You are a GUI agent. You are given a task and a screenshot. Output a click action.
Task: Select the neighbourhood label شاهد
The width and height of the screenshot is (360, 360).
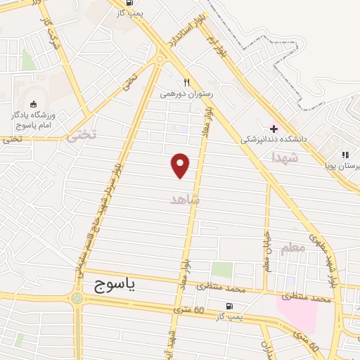[186, 200]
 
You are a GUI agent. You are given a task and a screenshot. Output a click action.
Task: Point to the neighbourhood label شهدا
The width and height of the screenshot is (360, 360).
[285, 160]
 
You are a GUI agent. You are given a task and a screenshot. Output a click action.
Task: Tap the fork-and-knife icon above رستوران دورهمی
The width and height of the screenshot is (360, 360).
[186, 81]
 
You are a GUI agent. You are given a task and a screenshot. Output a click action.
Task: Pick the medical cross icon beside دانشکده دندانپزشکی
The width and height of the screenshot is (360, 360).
[274, 129]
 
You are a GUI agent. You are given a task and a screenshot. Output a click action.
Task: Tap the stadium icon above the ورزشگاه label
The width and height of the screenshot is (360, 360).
[33, 104]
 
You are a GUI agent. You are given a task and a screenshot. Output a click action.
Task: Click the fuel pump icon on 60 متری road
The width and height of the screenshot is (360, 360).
[229, 307]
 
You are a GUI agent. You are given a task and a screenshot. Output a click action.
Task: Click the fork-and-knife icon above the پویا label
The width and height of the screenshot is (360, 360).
[345, 155]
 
